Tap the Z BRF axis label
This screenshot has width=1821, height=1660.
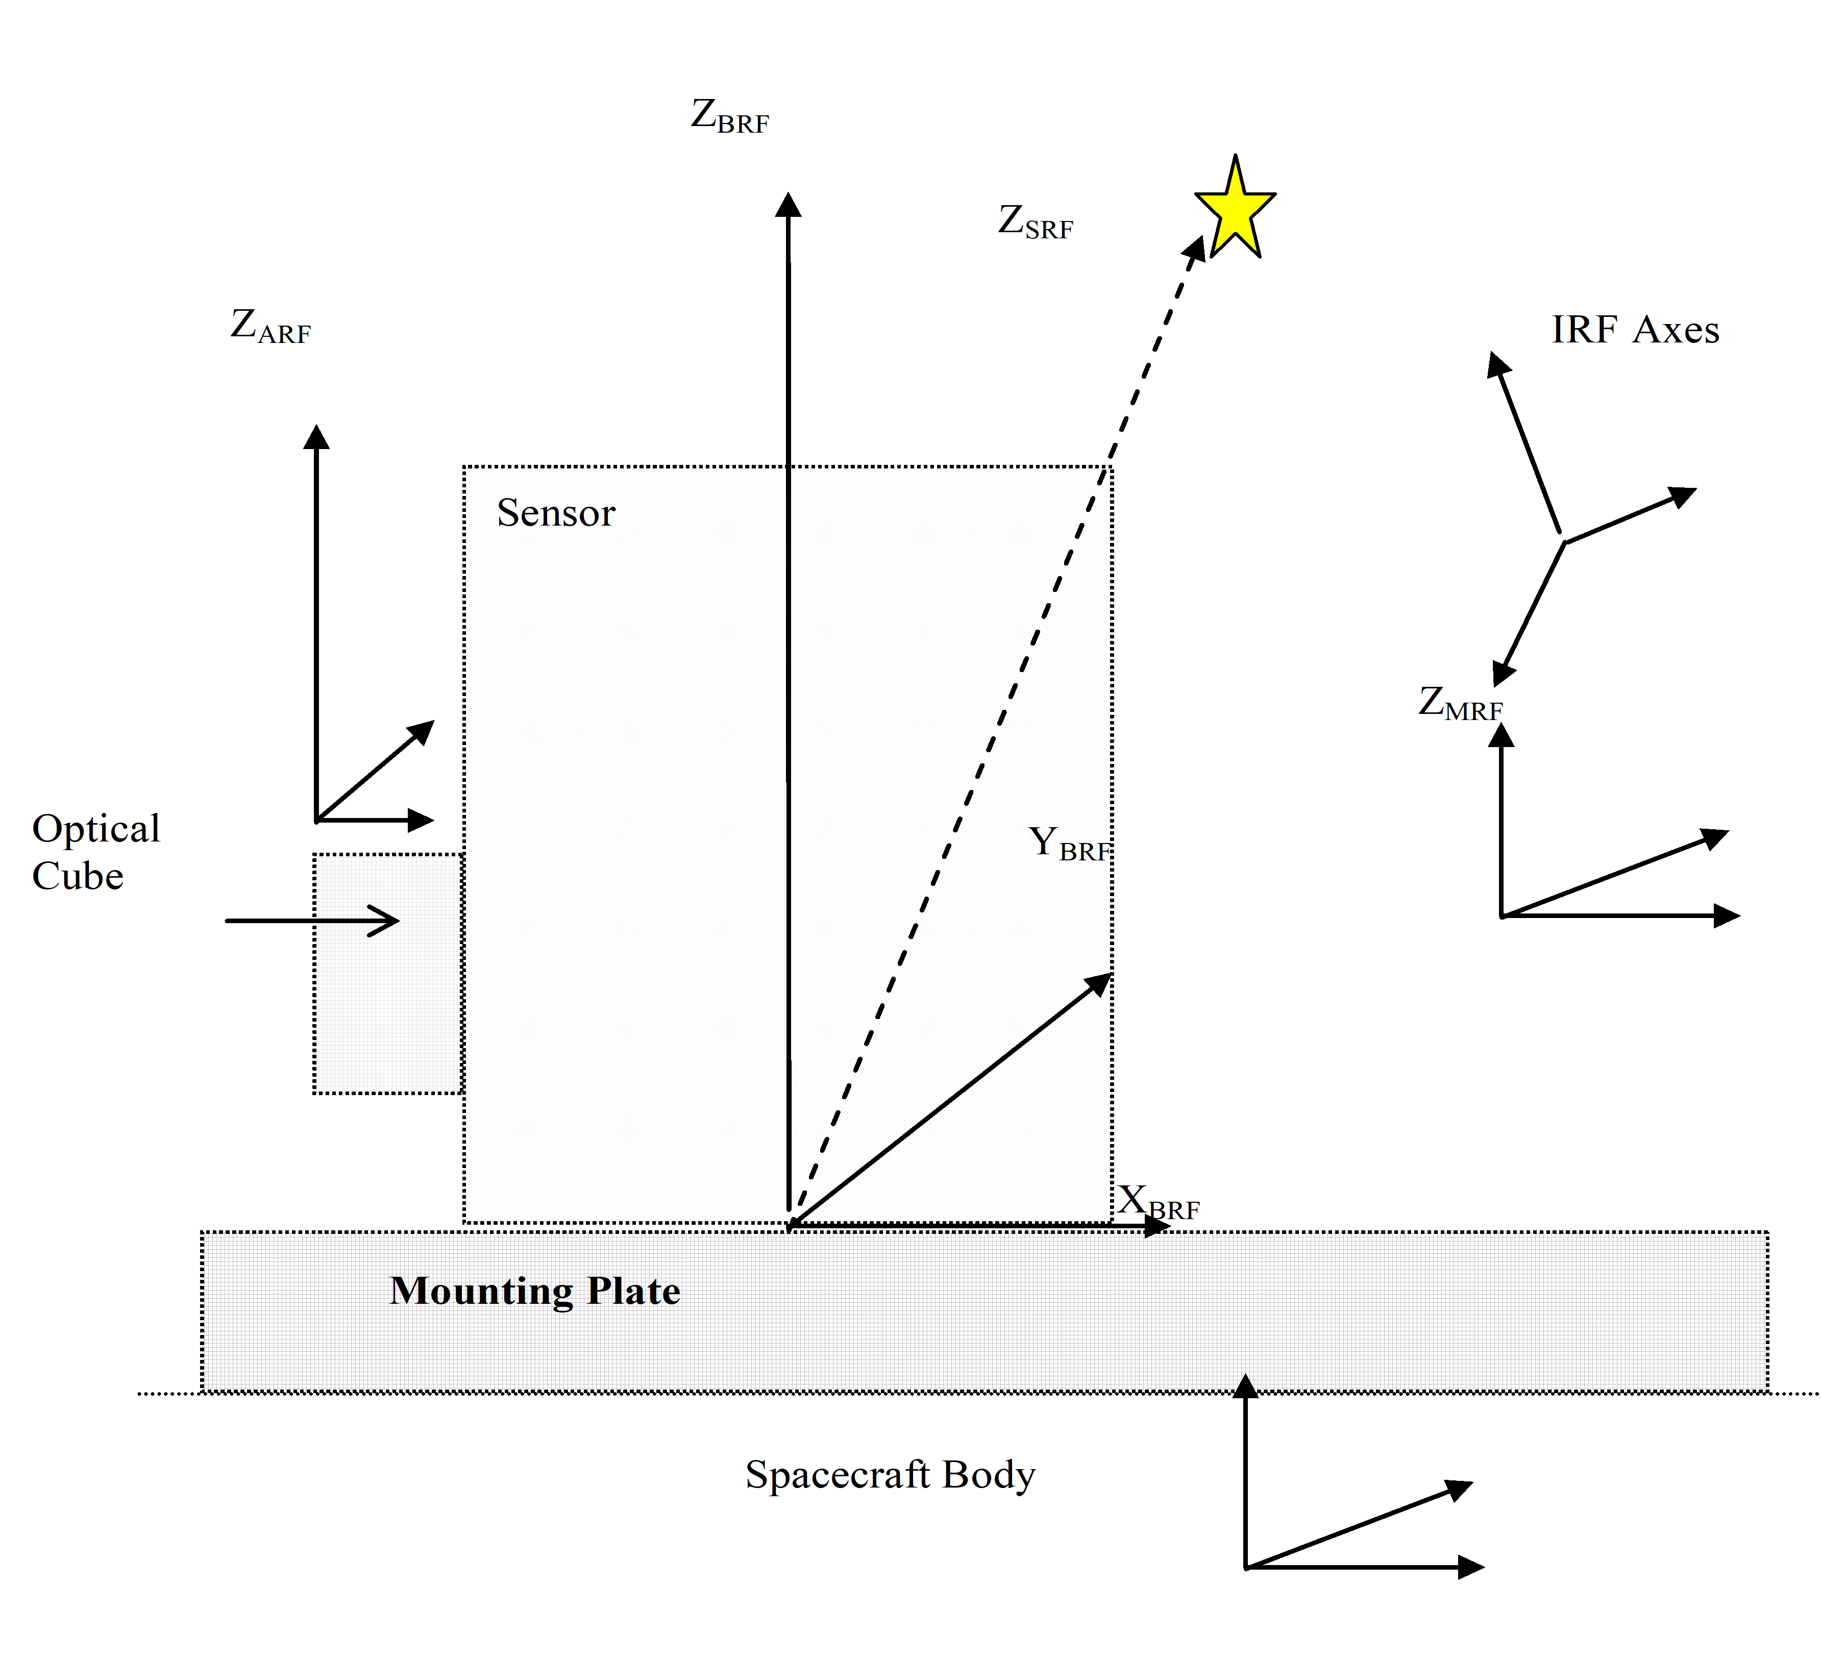point(729,117)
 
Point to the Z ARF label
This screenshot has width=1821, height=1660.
point(270,327)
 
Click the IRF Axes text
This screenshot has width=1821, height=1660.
point(1635,331)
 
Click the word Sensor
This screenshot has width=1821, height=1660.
point(555,513)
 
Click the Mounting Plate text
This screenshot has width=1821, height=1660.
point(535,1291)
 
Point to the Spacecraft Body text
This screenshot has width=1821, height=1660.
point(890,1475)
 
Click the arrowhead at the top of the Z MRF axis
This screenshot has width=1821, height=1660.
point(1501,735)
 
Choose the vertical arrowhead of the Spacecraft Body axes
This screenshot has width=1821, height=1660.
point(1246,1388)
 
